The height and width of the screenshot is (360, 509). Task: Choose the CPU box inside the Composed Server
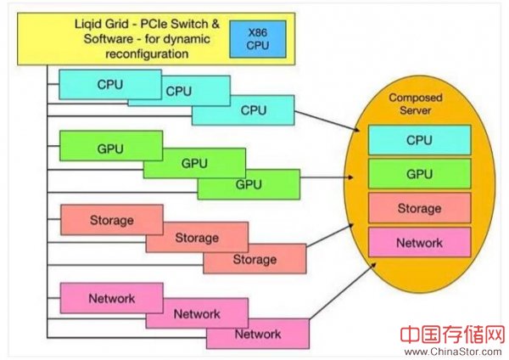click(x=419, y=139)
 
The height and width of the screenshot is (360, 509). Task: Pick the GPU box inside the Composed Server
click(x=419, y=173)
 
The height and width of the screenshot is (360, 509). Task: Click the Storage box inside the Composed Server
click(x=419, y=208)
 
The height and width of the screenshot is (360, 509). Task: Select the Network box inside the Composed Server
click(x=419, y=243)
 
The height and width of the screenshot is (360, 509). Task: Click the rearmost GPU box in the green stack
click(x=110, y=147)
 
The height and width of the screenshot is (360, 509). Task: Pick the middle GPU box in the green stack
click(x=193, y=164)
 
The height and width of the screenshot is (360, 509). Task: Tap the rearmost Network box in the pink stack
click(x=110, y=299)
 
